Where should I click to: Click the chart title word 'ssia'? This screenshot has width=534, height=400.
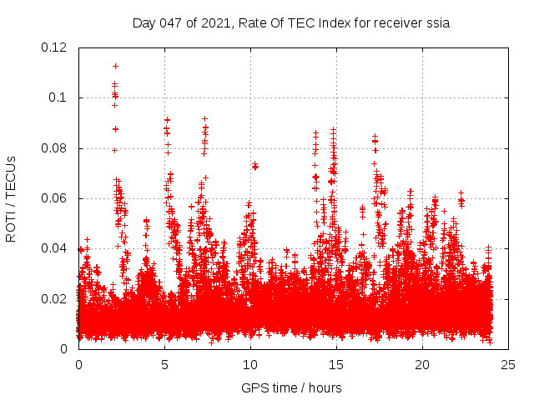[x=437, y=23]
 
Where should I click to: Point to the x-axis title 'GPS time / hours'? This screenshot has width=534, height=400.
[x=291, y=387]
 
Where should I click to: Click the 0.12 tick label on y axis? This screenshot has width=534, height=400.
[x=55, y=47]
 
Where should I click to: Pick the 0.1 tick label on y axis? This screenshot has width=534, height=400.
[x=58, y=97]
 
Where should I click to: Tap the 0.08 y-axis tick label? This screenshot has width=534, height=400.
[x=55, y=148]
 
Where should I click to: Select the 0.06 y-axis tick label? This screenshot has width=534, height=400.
[x=55, y=198]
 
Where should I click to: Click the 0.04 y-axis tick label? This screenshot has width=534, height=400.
[x=55, y=248]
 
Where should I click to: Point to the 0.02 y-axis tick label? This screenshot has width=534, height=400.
[x=55, y=298]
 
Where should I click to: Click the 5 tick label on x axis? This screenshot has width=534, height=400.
[x=164, y=365]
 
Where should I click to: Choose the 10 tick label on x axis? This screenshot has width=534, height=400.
[x=250, y=365]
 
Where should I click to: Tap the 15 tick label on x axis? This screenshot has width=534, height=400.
[x=336, y=365]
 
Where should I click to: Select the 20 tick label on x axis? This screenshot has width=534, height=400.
[x=422, y=365]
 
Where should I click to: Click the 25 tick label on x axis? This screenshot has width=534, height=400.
[x=508, y=365]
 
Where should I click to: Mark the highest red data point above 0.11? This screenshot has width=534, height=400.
[x=115, y=66]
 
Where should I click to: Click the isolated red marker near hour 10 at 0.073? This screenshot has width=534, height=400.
[x=254, y=166]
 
